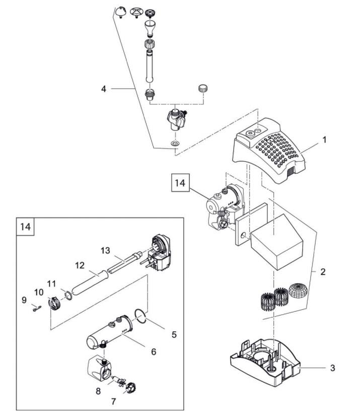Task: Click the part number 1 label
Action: [x=325, y=140]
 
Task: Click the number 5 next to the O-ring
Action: [x=173, y=333]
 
